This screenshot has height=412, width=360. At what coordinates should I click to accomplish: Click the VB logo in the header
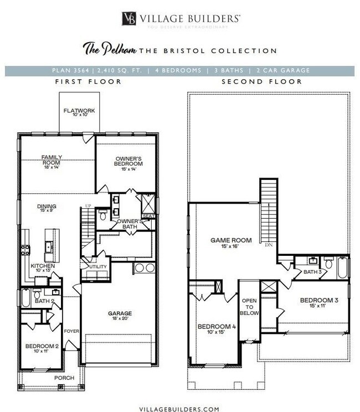pyautogui.click(x=131, y=18)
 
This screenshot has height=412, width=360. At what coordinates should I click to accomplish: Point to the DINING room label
pyautogui.click(x=47, y=207)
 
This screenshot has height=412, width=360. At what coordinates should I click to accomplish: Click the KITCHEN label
pyautogui.click(x=42, y=266)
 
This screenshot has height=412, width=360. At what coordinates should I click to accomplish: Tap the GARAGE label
pyautogui.click(x=119, y=313)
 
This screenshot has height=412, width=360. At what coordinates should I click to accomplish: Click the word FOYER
pyautogui.click(x=71, y=331)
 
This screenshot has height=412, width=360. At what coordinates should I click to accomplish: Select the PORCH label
pyautogui.click(x=63, y=378)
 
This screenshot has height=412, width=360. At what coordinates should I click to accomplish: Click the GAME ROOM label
pyautogui.click(x=231, y=240)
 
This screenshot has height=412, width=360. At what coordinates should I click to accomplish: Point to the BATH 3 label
pyautogui.click(x=312, y=272)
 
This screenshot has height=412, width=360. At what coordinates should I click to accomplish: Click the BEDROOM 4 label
pyautogui.click(x=217, y=327)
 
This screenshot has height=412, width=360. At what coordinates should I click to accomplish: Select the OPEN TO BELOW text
pyautogui.click(x=249, y=306)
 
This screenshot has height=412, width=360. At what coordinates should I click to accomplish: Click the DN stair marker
pyautogui.click(x=269, y=244)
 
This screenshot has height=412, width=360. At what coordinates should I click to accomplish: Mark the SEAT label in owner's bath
pyautogui.click(x=148, y=216)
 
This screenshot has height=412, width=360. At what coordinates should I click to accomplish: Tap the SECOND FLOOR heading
pyautogui.click(x=261, y=81)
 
